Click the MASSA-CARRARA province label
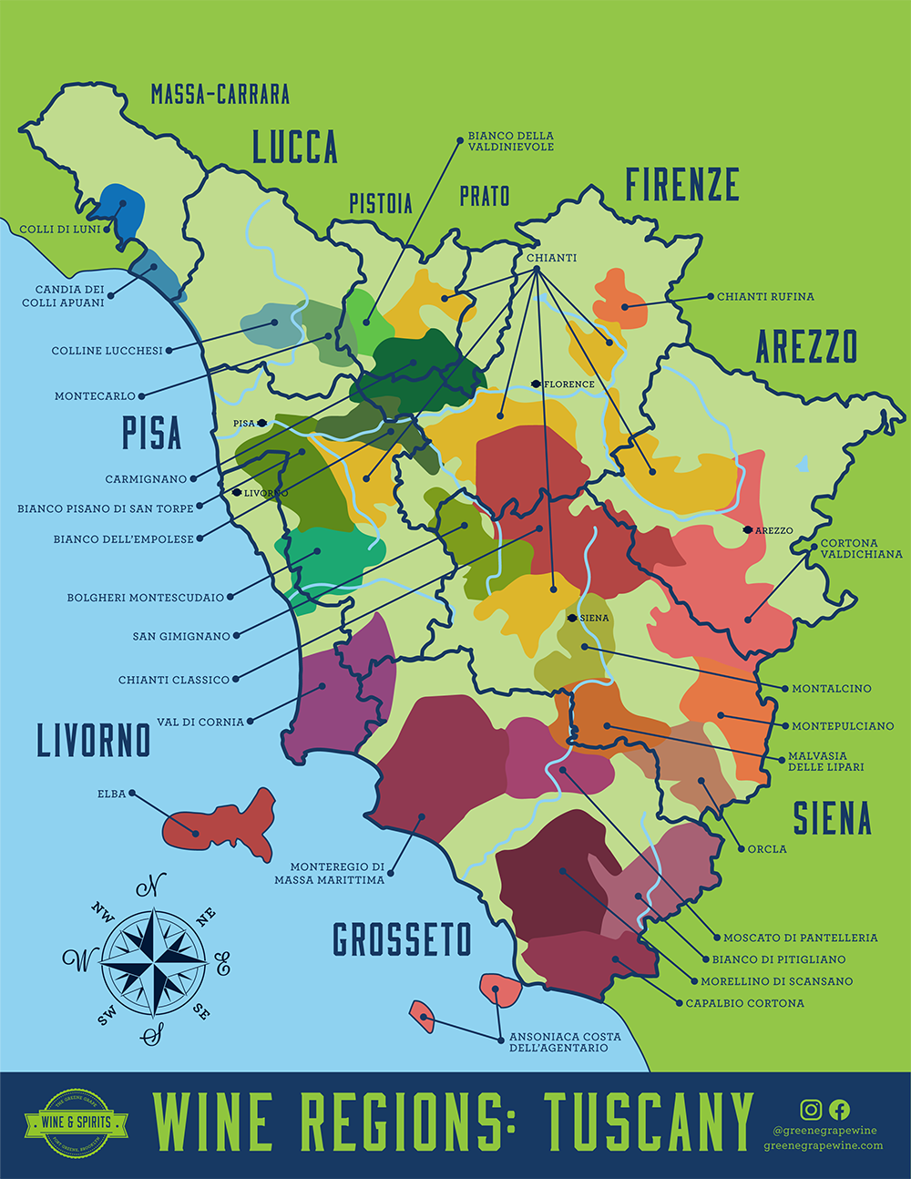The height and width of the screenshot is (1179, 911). [x=220, y=94]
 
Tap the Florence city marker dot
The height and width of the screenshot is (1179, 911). [x=536, y=384]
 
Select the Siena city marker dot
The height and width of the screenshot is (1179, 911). [x=571, y=618]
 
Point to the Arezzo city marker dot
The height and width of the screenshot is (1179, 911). [x=748, y=530]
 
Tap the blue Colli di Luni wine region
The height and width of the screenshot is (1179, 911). [x=122, y=210]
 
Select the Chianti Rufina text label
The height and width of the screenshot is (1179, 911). [x=765, y=297]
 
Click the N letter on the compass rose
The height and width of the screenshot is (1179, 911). [x=151, y=884]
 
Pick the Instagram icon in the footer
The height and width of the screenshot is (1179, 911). [x=811, y=1109]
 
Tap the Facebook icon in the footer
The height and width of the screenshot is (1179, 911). [x=840, y=1109]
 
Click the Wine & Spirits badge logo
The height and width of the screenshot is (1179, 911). [x=76, y=1123]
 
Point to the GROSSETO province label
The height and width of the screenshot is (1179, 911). [x=402, y=939]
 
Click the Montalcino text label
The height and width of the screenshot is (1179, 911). [x=831, y=689]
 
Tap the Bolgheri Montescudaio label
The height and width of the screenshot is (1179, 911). [x=145, y=598]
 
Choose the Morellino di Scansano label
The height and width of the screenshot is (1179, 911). [x=776, y=981]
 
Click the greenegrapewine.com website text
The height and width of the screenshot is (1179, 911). [x=823, y=1145]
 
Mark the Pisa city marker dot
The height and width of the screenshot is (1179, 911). [x=261, y=423]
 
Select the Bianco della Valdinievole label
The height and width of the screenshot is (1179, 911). [x=510, y=141]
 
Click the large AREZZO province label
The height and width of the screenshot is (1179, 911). [x=806, y=347]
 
